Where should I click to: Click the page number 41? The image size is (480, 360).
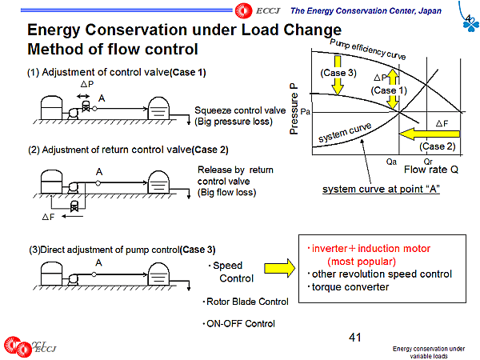point(354,338)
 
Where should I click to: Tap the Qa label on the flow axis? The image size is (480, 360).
point(391,162)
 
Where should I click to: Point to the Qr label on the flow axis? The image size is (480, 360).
point(428,162)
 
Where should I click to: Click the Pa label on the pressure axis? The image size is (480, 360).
point(306,112)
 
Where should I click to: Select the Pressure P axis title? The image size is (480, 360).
point(294,109)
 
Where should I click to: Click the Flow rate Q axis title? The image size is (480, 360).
point(431,170)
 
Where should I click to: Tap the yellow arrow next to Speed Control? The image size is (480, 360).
point(280,268)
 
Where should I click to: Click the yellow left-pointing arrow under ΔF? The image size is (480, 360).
point(430,134)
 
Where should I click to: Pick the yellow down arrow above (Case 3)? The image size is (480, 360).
point(338,75)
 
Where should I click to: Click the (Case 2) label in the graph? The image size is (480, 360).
point(438,146)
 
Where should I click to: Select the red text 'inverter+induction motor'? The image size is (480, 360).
point(370,249)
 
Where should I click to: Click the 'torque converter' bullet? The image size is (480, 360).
point(348,287)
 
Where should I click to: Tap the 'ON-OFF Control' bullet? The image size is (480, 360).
point(238,323)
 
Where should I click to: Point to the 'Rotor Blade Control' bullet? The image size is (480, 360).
point(246,302)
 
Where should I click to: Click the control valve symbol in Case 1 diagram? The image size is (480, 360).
point(86,106)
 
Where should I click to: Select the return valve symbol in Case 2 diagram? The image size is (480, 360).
point(74,206)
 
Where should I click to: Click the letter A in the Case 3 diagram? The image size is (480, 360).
point(98,263)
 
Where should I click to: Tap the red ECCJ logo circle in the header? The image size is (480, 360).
point(244,10)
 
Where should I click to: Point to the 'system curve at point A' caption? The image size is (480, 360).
point(381,190)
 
